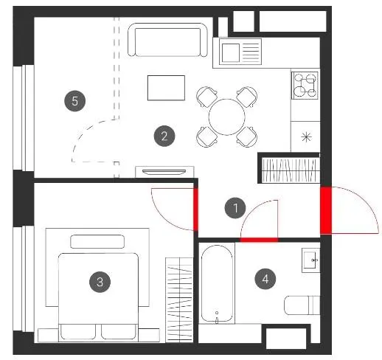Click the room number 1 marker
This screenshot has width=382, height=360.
(235, 208)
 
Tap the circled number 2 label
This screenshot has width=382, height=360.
(164, 136)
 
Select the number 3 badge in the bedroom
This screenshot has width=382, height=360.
(100, 282)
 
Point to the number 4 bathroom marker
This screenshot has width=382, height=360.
(265, 279)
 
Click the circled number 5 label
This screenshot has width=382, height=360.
(74, 101)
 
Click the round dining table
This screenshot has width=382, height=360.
(227, 117)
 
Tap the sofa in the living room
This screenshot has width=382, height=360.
(167, 40)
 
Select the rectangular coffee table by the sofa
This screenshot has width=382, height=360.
(166, 88)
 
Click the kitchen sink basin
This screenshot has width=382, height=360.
(231, 53)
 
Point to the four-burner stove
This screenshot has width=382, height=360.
(305, 86)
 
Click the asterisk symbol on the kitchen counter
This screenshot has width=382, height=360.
(306, 137)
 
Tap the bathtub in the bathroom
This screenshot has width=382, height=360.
(217, 283)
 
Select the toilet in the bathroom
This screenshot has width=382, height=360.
(302, 305)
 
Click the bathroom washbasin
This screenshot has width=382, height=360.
(311, 260)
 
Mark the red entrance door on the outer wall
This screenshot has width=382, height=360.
(326, 210)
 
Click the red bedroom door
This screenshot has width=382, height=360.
(195, 210)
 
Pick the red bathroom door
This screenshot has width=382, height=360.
(259, 240)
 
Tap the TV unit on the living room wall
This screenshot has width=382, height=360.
(164, 172)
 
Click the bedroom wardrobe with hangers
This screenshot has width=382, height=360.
(179, 300)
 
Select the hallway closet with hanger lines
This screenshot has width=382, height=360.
(291, 170)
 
